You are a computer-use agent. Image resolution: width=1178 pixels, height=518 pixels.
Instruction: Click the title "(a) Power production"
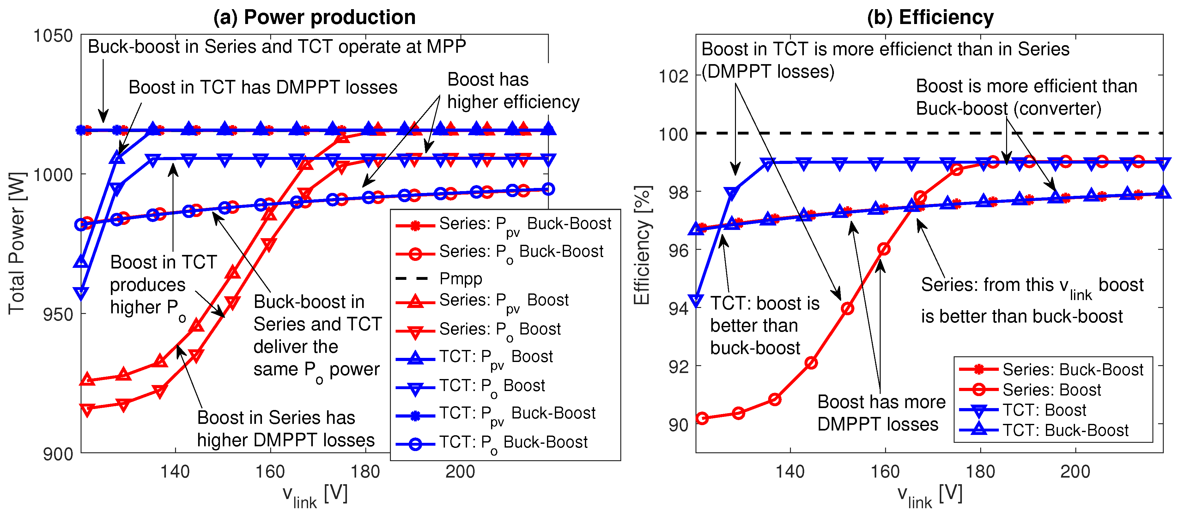[x=314, y=17]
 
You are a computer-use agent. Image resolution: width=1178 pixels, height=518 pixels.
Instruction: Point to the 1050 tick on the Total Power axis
[x=53, y=36]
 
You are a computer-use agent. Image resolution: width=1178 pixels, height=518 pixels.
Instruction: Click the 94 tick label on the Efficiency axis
[x=678, y=309]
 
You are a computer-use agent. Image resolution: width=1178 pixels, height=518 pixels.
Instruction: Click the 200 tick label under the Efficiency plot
[x=1075, y=471]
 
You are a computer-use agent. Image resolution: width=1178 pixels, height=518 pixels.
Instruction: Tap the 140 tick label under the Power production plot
[x=175, y=471]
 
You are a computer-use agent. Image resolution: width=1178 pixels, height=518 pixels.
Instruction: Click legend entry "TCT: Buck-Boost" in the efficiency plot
[x=1065, y=430]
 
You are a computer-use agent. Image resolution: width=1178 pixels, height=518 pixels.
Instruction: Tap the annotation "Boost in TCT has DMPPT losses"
[x=263, y=87]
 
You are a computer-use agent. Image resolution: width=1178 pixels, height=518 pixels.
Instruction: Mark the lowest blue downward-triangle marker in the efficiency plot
[x=696, y=300]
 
